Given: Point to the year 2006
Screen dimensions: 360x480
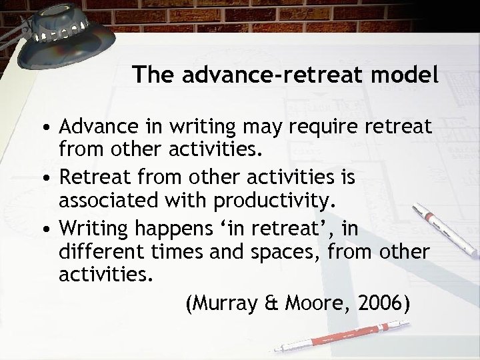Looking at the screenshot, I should (381, 303).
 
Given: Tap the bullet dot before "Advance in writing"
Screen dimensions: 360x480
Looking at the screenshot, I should (44, 126).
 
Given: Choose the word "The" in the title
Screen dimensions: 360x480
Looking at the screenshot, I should (149, 75).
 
